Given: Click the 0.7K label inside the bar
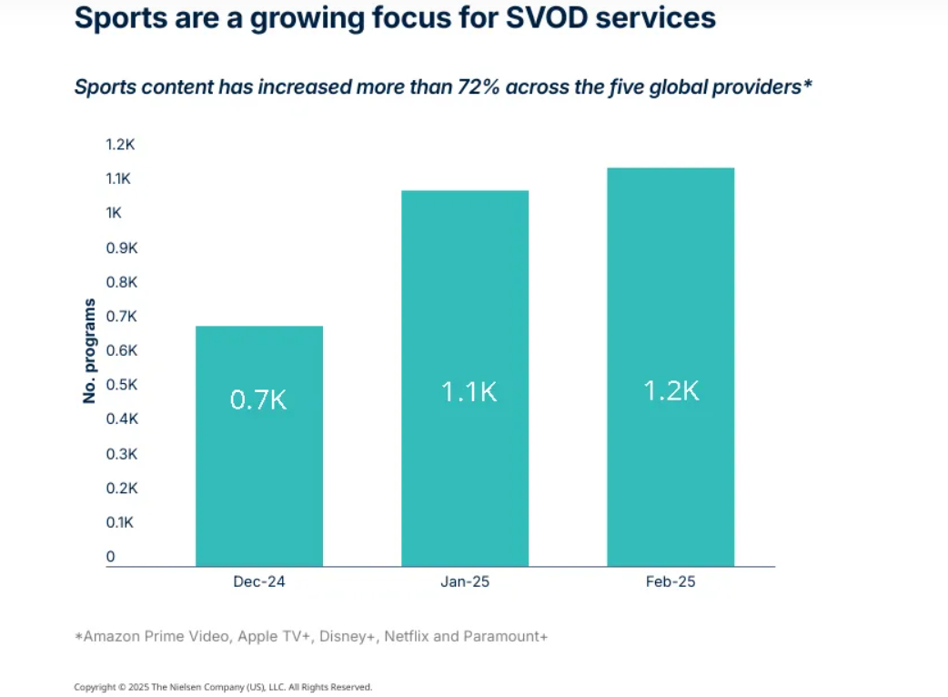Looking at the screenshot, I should [259, 400].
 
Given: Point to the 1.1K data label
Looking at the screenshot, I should [469, 392].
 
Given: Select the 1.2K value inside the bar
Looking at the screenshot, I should [671, 390].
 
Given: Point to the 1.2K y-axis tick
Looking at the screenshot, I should [120, 145].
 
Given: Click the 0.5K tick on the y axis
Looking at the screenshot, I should [120, 385].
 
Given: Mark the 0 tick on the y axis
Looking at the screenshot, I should [111, 556].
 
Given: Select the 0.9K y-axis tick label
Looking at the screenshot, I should [120, 247].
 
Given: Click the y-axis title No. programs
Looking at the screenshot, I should [89, 350].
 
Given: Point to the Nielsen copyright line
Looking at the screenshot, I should [223, 687].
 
